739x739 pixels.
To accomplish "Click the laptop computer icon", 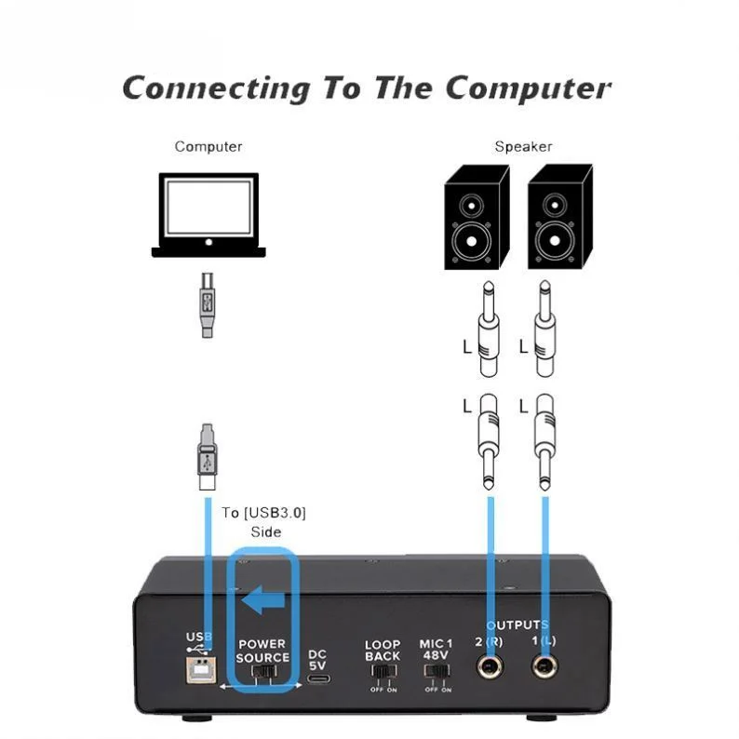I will point(208,216).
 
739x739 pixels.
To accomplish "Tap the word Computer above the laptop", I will point(208,147).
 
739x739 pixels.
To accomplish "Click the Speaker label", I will point(522,147).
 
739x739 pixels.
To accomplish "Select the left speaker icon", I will point(476,216).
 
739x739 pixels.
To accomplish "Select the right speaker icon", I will point(559,216).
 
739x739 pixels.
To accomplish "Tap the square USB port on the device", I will point(200,670).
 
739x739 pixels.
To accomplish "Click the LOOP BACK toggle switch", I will point(382,671).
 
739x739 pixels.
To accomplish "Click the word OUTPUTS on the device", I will point(517,625).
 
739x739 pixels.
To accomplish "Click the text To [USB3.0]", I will point(263,513).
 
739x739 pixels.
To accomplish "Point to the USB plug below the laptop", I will point(208,303).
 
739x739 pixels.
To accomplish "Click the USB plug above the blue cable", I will point(208,456).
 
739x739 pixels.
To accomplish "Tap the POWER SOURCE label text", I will point(262,651).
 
